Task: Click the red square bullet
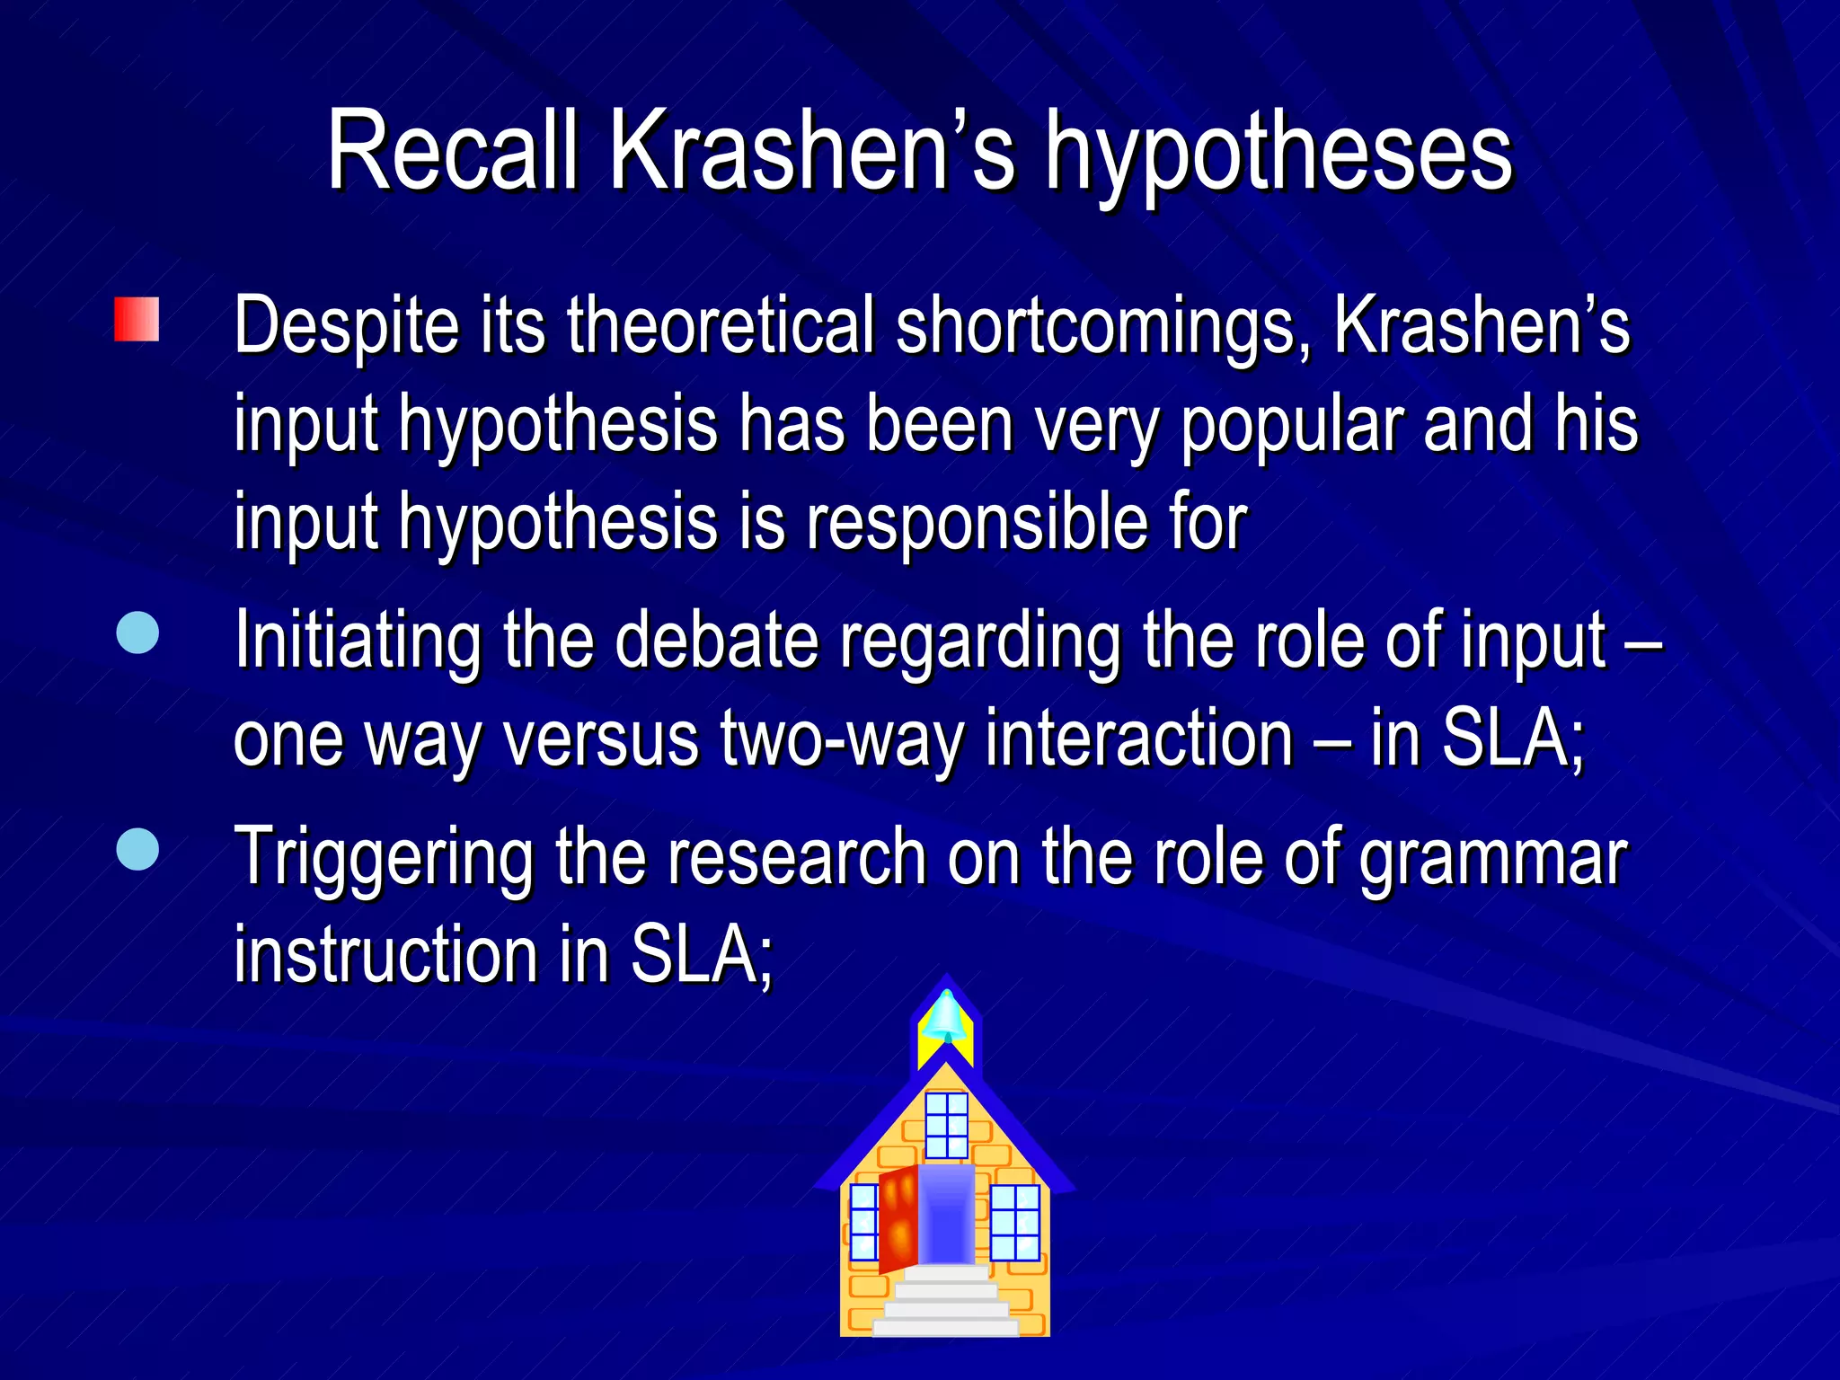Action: pos(137,320)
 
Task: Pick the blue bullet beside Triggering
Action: pos(137,849)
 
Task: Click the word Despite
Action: pos(346,327)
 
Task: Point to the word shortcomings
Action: pos(1103,327)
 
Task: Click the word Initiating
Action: pos(358,641)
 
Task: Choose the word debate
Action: pos(716,641)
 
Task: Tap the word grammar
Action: pos(1492,859)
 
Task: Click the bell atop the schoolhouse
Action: pos(945,1018)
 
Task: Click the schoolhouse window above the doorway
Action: pos(946,1124)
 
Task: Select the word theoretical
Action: pos(721,325)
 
